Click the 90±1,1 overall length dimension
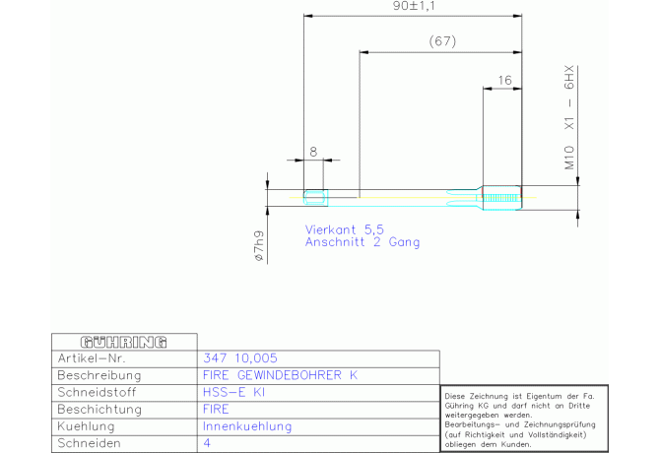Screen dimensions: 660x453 point(414,6)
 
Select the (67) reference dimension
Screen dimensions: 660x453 point(442,41)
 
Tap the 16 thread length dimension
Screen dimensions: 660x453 point(504,80)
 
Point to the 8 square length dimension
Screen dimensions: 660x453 point(313,152)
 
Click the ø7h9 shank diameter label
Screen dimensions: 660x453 point(259,245)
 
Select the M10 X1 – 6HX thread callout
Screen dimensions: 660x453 point(569,117)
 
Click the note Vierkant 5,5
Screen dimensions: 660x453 point(345,229)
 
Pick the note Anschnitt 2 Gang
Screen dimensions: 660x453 point(363,242)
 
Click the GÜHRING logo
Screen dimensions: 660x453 point(124,342)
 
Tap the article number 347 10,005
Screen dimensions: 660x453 point(240,357)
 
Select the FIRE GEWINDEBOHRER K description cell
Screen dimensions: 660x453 point(281,375)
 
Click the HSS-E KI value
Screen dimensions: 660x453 point(233,392)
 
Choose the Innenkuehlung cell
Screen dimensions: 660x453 point(247,426)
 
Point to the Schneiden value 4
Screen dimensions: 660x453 point(207,443)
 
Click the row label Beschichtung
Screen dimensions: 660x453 point(99,410)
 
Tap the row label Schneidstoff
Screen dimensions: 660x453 point(97,392)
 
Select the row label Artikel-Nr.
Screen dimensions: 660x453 point(92,357)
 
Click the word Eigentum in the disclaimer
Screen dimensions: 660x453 point(543,396)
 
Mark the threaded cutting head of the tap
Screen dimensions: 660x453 point(502,197)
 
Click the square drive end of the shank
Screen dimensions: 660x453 point(315,198)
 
